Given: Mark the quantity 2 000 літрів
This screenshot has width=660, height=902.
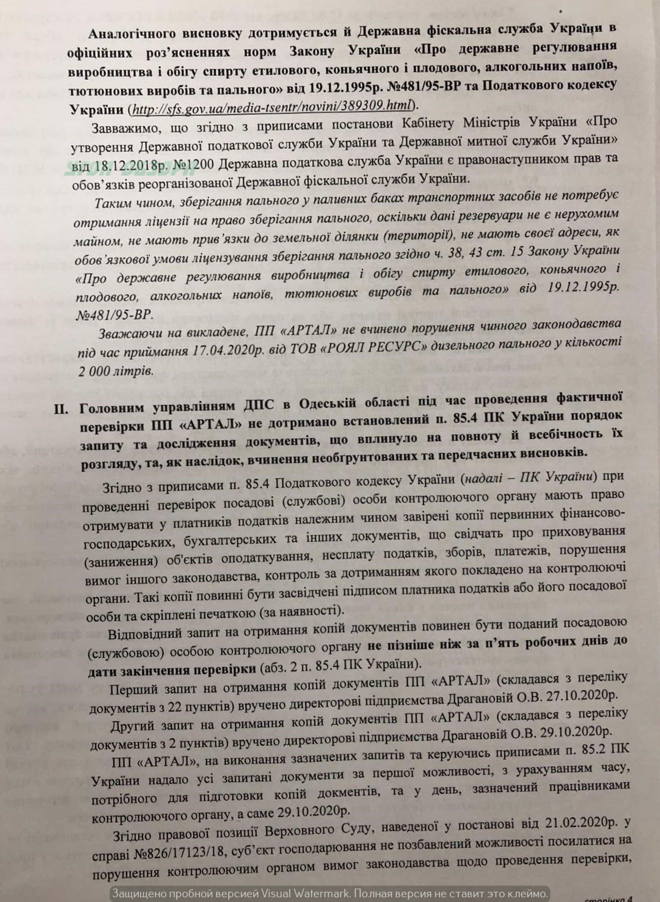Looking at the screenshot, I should coord(115,371).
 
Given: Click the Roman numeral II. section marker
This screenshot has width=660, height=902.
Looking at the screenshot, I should coord(62,409).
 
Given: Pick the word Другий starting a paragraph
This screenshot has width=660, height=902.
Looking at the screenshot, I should coord(133,725).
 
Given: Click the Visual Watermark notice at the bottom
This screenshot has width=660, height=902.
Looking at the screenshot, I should coord(329,893).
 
